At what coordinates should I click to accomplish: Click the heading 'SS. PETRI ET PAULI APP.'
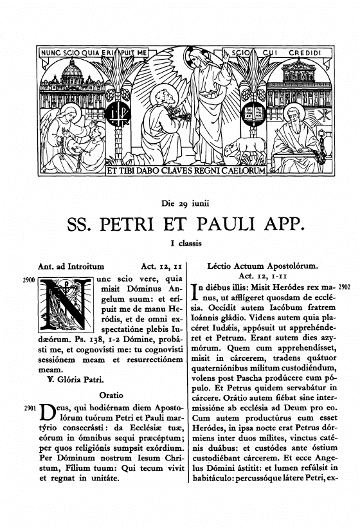[x=180, y=226]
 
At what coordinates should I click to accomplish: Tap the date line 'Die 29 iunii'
[x=180, y=205]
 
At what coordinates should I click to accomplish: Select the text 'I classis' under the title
[x=180, y=244]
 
